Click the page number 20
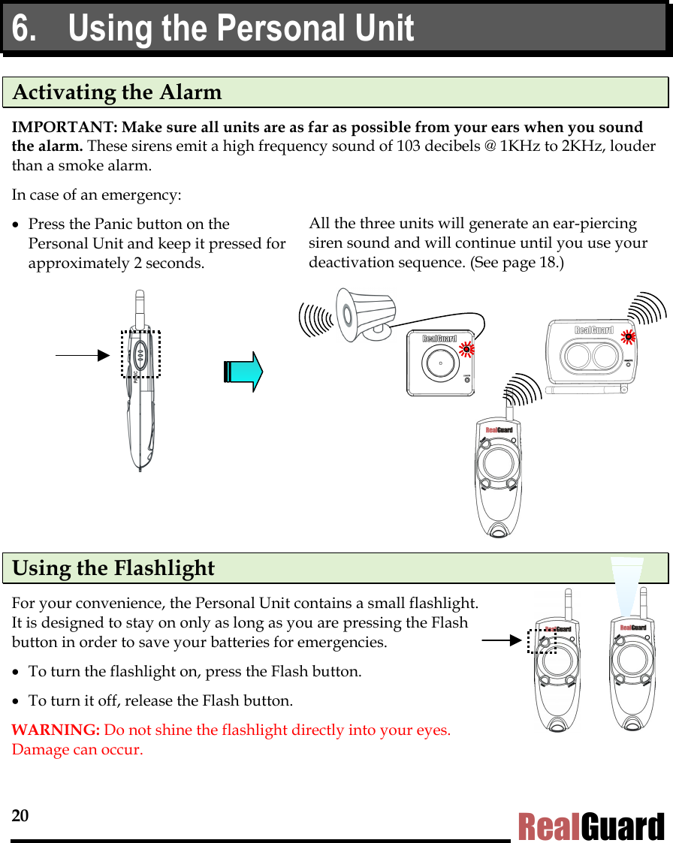coord(20,816)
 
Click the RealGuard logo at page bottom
coord(591,826)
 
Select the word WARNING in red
coord(56,730)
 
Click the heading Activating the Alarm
coord(118,92)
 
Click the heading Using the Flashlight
coord(113,568)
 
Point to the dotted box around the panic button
coord(140,353)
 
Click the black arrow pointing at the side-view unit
coord(83,354)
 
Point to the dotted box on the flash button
coord(541,642)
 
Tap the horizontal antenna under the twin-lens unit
coord(586,390)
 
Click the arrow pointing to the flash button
coord(501,641)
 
